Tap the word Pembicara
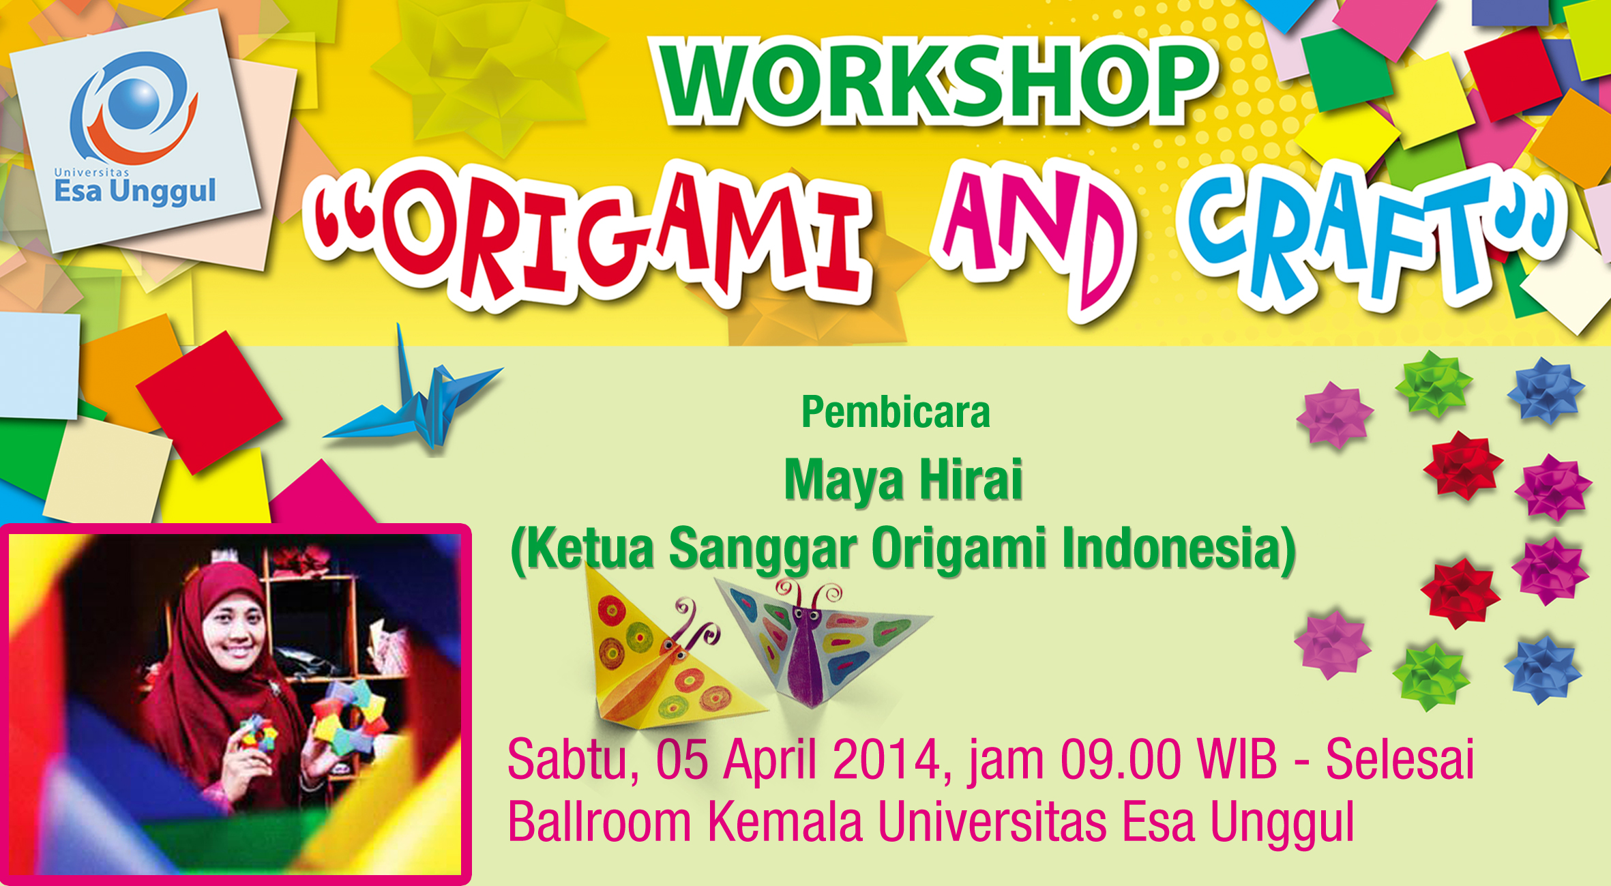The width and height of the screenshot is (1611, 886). [x=896, y=413]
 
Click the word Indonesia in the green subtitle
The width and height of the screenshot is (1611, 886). [x=1170, y=547]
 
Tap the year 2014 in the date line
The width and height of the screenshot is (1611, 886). [x=887, y=760]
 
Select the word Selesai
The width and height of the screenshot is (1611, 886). [x=1400, y=760]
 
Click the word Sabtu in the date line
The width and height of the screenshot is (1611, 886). [x=568, y=760]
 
